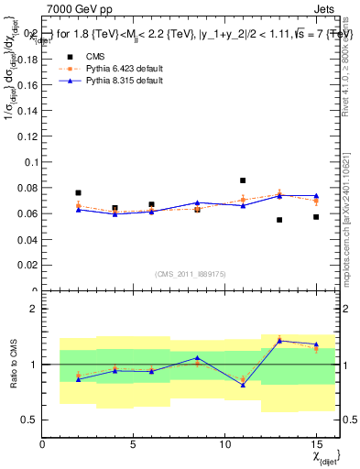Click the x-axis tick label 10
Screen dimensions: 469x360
pyautogui.click(x=225, y=445)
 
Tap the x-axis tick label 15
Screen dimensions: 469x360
pyautogui.click(x=316, y=445)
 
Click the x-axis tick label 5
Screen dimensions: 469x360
pyautogui.click(x=134, y=445)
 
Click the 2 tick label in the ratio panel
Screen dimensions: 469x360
pyautogui.click(x=33, y=309)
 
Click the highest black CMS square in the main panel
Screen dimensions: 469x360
pyautogui.click(x=243, y=180)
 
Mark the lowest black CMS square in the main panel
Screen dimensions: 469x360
pyautogui.click(x=279, y=220)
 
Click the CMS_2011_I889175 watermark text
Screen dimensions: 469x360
pyautogui.click(x=188, y=273)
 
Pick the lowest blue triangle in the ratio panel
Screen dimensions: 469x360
pyautogui.click(x=243, y=385)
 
